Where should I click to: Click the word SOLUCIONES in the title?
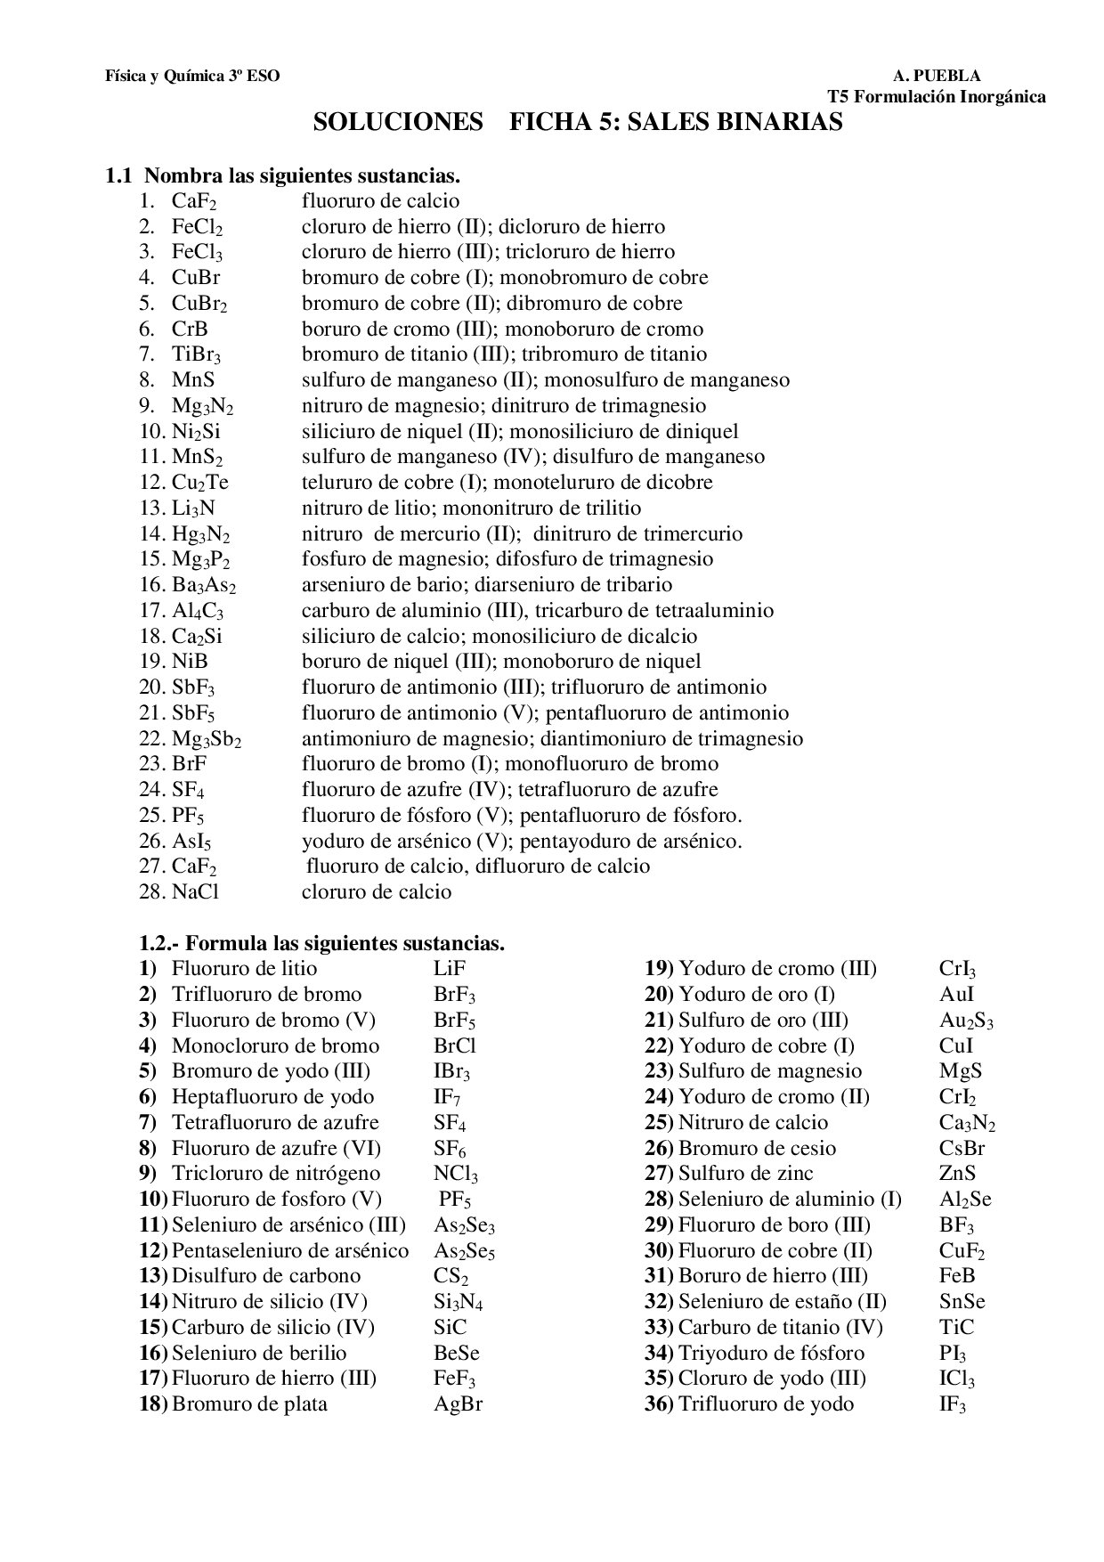[397, 122]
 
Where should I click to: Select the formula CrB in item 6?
[190, 329]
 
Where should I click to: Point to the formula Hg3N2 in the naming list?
[201, 534]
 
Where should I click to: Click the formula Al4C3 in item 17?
[198, 611]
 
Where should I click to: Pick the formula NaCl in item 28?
[195, 892]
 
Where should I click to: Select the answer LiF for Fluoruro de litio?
[450, 969]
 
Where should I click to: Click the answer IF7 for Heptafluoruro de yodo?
[447, 1097]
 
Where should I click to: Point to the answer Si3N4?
[458, 1302]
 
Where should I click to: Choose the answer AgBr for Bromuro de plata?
[458, 1404]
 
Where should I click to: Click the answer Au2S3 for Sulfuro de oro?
[966, 1021]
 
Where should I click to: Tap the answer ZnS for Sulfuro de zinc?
[957, 1174]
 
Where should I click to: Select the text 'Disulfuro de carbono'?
[266, 1276]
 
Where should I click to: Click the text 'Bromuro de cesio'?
[757, 1149]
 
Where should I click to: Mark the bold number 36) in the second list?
[659, 1404]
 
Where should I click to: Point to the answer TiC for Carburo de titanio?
[956, 1328]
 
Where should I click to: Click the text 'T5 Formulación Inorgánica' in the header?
[937, 96]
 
